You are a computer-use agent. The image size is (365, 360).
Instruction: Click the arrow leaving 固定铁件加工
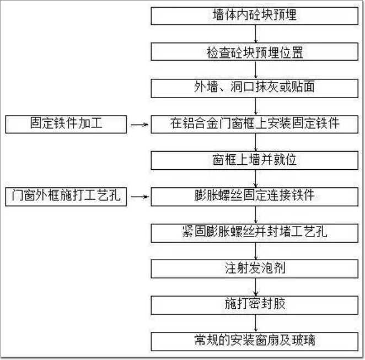(139, 125)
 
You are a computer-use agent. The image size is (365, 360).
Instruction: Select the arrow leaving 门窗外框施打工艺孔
(139, 196)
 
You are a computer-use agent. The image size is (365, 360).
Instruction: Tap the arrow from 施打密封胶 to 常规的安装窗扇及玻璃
(255, 321)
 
